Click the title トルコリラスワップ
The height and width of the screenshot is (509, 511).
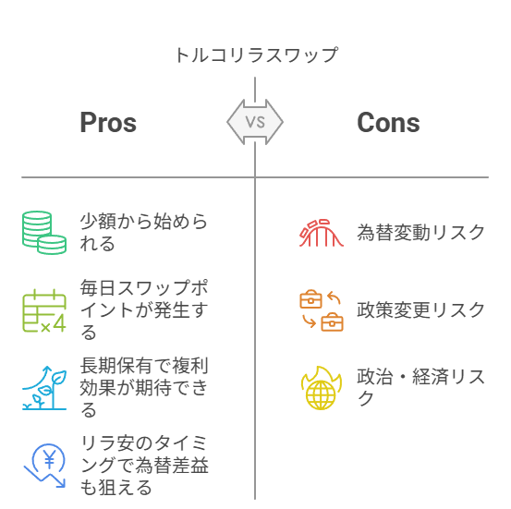pos(257,55)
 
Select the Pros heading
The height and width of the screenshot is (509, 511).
pos(108,122)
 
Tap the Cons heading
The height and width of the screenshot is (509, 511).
pos(388,122)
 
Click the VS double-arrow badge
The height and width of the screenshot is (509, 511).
pos(255,122)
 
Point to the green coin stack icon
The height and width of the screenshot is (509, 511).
pos(44,233)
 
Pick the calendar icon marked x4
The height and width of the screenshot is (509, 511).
pos(44,310)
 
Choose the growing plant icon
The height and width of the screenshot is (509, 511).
pos(44,388)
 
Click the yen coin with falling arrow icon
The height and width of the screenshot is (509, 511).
pos(44,466)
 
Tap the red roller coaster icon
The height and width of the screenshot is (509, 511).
pos(322,233)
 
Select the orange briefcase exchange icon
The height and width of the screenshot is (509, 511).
pos(322,310)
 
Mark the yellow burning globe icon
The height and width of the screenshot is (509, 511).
pos(322,388)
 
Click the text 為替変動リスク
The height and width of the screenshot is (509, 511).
pos(420,233)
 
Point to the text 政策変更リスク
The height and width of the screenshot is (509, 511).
pos(420,309)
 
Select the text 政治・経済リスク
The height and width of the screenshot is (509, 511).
pos(420,387)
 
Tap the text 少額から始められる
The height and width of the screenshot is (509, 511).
pos(144,233)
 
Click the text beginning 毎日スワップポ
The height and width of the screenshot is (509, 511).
pos(144,309)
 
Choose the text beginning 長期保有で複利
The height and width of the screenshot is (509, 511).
pos(144,387)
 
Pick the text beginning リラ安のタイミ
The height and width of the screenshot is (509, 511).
pos(144,465)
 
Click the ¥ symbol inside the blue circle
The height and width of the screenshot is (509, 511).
pos(50,459)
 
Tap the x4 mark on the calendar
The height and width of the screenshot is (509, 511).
pos(54,324)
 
